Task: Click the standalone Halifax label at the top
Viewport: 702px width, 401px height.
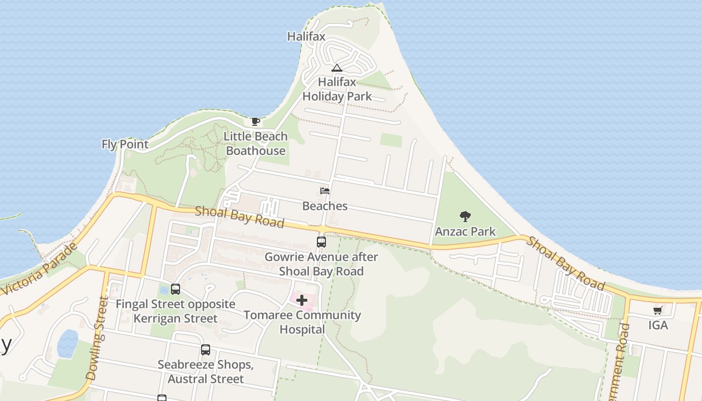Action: (x=306, y=37)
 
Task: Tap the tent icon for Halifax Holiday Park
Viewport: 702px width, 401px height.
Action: (x=337, y=68)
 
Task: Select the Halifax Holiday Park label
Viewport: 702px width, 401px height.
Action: (x=337, y=89)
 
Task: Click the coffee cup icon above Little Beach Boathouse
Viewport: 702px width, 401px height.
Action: (x=255, y=121)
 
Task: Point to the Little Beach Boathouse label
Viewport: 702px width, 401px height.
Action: (x=256, y=143)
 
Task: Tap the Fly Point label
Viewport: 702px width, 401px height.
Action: (x=125, y=144)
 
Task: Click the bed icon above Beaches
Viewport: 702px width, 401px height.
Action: (x=325, y=191)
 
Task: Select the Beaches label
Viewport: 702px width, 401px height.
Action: (x=325, y=206)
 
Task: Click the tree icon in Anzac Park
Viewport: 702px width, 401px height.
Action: (x=465, y=217)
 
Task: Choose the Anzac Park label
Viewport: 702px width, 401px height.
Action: (x=465, y=232)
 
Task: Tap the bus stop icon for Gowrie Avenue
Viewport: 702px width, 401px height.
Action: (x=321, y=242)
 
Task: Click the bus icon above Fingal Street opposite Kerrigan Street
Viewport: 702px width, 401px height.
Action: (x=175, y=289)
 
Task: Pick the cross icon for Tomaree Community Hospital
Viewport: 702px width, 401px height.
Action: (x=302, y=300)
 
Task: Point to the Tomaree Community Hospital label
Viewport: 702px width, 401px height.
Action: (x=302, y=322)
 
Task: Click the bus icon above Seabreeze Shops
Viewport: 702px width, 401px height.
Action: (x=206, y=350)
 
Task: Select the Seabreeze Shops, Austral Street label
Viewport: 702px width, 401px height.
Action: (x=206, y=372)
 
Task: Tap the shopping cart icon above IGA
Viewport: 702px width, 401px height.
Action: (x=658, y=310)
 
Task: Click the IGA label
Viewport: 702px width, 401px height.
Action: (x=658, y=325)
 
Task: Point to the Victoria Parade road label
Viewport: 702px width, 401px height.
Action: (x=40, y=269)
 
